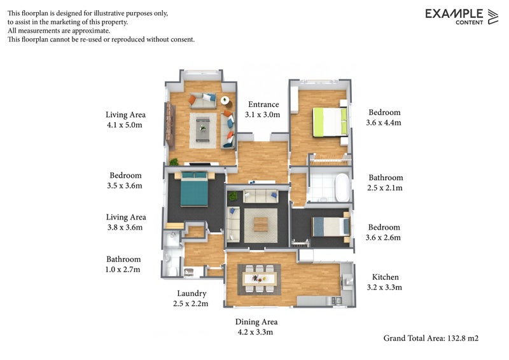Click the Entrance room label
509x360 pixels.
(263, 104)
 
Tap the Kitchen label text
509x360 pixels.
(386, 277)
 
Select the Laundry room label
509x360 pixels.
(192, 293)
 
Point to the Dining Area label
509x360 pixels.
(256, 322)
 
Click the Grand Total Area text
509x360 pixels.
(431, 338)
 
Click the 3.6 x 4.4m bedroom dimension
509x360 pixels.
(384, 123)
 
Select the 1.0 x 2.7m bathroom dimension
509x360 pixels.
(123, 270)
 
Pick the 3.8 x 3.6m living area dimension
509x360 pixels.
(125, 228)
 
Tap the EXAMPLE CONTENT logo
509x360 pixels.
(462, 17)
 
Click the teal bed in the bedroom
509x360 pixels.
(194, 189)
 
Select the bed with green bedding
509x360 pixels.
(330, 122)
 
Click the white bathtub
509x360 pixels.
(342, 188)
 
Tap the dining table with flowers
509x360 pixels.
(260, 279)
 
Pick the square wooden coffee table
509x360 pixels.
(261, 225)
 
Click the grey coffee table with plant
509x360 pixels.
(202, 129)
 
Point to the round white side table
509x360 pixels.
(225, 100)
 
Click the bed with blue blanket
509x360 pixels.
(331, 226)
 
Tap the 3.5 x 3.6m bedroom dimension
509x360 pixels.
(125, 186)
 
